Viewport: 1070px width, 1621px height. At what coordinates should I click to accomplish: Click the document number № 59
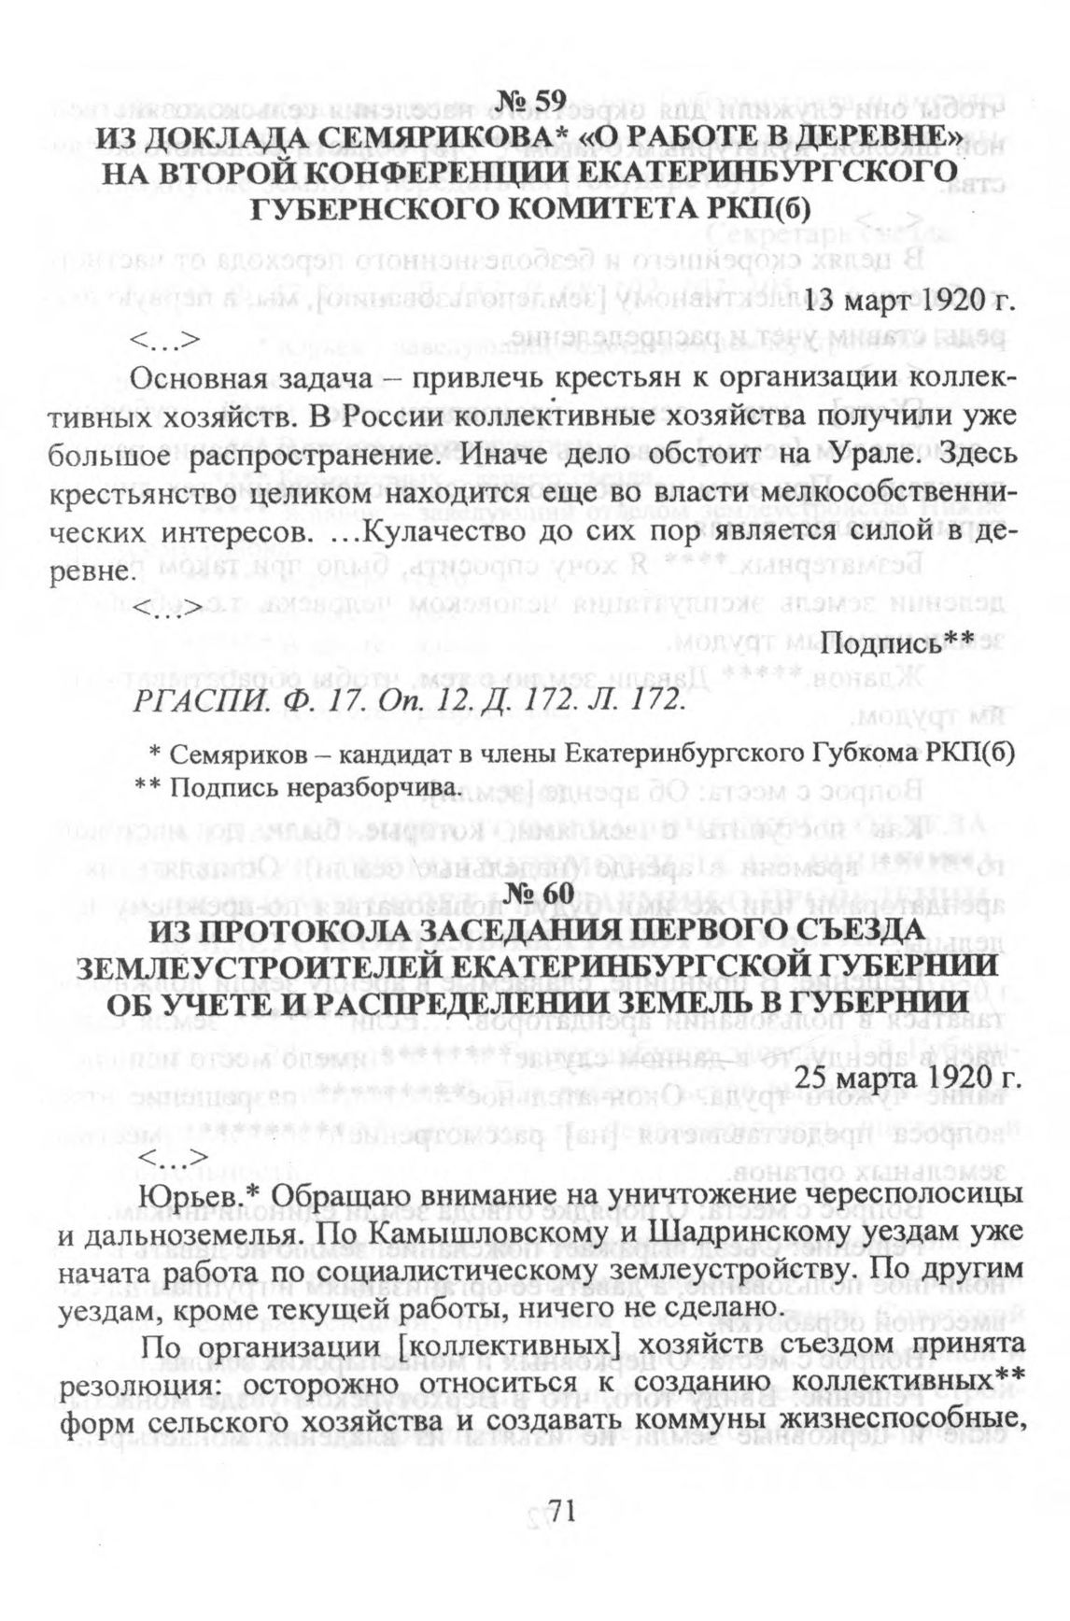(534, 100)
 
